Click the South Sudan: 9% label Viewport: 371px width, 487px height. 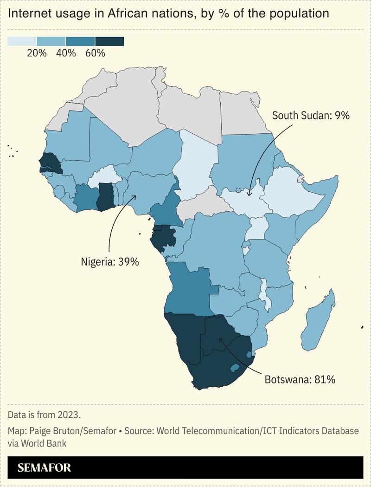coord(310,116)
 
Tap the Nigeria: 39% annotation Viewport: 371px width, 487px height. coord(110,262)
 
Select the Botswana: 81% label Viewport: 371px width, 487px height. coord(300,379)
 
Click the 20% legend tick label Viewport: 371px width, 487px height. coord(37,53)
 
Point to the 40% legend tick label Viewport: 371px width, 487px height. coord(66,53)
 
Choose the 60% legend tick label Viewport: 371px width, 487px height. coord(95,53)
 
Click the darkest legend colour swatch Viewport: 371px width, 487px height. coord(109,42)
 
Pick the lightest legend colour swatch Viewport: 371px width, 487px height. coord(22,42)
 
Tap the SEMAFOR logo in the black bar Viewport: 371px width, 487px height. coord(45,468)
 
